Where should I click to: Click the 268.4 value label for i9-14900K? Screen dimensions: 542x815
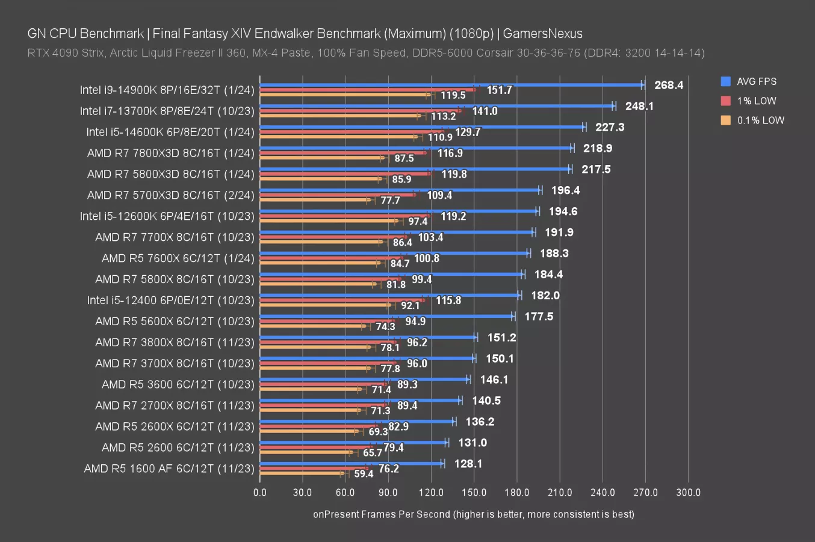point(669,85)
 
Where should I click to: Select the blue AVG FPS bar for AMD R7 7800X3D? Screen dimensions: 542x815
point(415,148)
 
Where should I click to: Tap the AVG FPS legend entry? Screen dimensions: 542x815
point(756,81)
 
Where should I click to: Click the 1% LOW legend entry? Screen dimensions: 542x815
point(756,101)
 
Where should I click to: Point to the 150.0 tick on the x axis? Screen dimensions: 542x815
point(474,492)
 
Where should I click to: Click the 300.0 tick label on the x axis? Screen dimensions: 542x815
point(688,492)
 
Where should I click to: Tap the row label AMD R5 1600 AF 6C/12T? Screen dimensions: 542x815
point(169,469)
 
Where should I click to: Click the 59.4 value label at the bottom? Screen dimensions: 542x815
point(364,474)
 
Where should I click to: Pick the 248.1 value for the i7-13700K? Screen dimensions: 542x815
point(639,106)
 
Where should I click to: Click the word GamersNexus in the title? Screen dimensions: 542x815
point(542,34)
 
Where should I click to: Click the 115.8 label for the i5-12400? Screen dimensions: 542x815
point(448,300)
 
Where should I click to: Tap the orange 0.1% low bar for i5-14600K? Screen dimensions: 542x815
point(337,137)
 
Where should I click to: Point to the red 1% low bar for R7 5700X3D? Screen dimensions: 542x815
point(337,195)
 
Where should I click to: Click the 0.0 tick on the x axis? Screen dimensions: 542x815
point(260,492)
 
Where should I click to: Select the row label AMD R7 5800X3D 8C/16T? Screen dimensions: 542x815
point(170,174)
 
